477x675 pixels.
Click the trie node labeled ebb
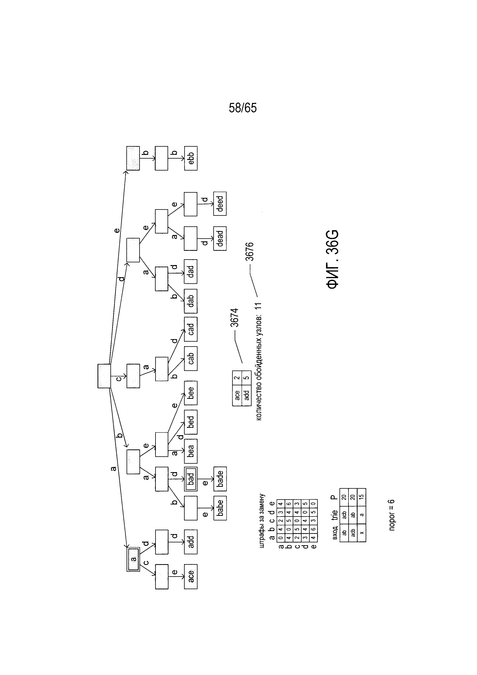point(191,158)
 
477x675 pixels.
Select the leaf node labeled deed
point(220,204)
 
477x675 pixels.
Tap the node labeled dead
point(220,238)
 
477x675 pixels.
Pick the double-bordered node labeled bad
point(191,479)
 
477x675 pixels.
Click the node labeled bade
point(220,479)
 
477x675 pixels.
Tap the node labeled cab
point(191,358)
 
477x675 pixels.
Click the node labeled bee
point(191,393)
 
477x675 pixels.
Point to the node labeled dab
point(191,301)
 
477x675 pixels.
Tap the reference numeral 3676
point(250,251)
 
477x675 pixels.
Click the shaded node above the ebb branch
point(133,158)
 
